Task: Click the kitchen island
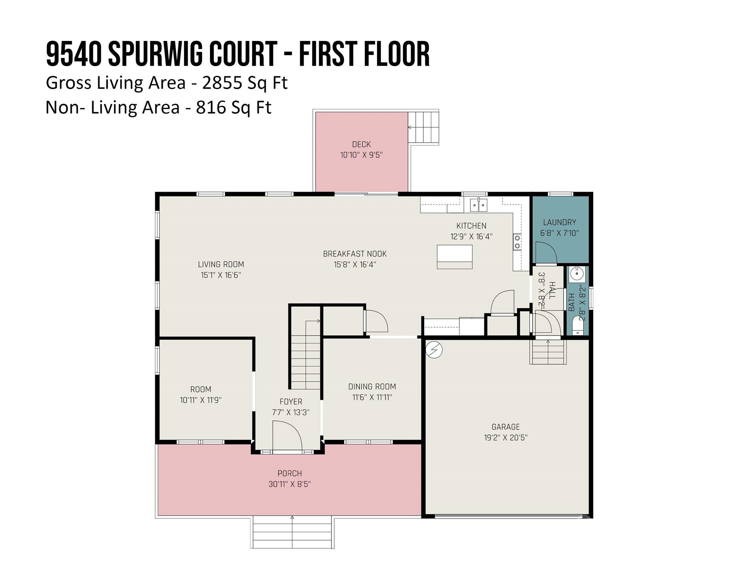(454, 257)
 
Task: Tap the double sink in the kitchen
(478, 205)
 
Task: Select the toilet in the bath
(577, 325)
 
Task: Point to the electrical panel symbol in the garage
(434, 350)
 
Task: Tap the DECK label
(361, 144)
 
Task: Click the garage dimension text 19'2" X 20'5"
(505, 438)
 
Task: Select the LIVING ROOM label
(221, 264)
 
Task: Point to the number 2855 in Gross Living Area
(222, 83)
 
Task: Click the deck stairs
(423, 127)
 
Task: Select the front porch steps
(292, 531)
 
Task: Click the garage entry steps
(548, 352)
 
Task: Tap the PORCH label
(290, 473)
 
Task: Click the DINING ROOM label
(372, 386)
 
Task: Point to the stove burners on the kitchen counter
(517, 242)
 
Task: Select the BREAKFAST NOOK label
(355, 254)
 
